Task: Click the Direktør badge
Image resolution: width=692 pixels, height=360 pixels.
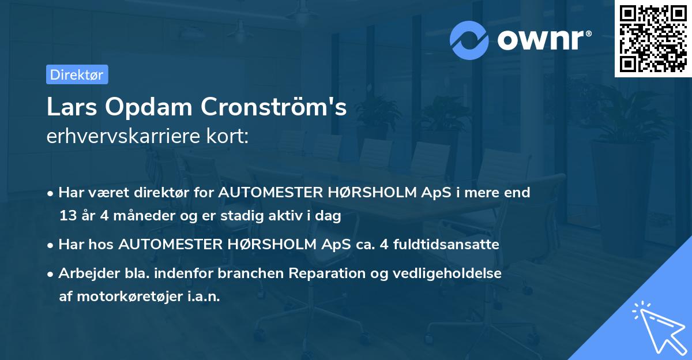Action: click(77, 74)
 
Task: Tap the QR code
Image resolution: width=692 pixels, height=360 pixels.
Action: click(653, 38)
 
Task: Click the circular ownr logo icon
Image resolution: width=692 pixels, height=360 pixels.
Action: click(469, 40)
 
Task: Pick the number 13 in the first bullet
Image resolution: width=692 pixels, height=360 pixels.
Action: click(67, 216)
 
